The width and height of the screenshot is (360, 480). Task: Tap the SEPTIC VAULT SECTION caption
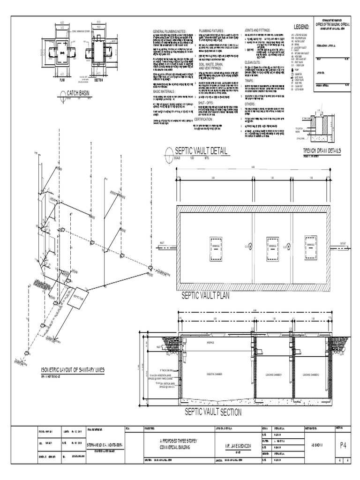point(213,412)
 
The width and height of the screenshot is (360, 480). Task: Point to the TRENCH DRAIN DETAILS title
point(322,150)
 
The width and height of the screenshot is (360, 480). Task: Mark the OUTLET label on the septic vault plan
point(344,243)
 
